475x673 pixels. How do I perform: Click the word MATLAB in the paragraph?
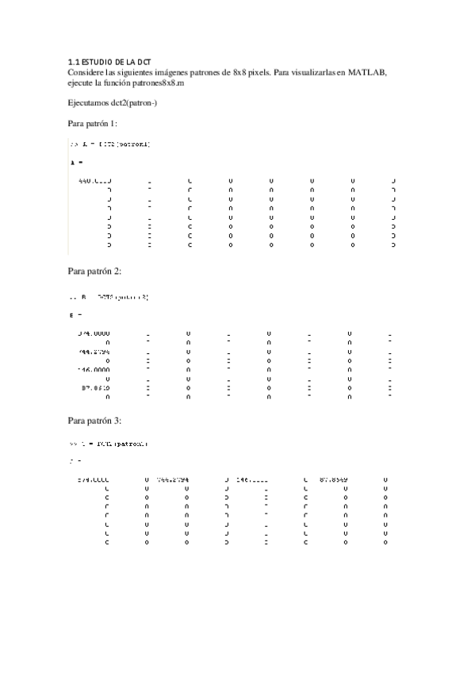coord(366,71)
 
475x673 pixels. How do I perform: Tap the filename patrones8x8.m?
coord(158,82)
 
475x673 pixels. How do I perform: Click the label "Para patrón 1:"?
coord(94,124)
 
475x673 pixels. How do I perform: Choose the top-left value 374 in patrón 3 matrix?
coord(93,479)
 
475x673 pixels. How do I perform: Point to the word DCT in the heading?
coord(144,62)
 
